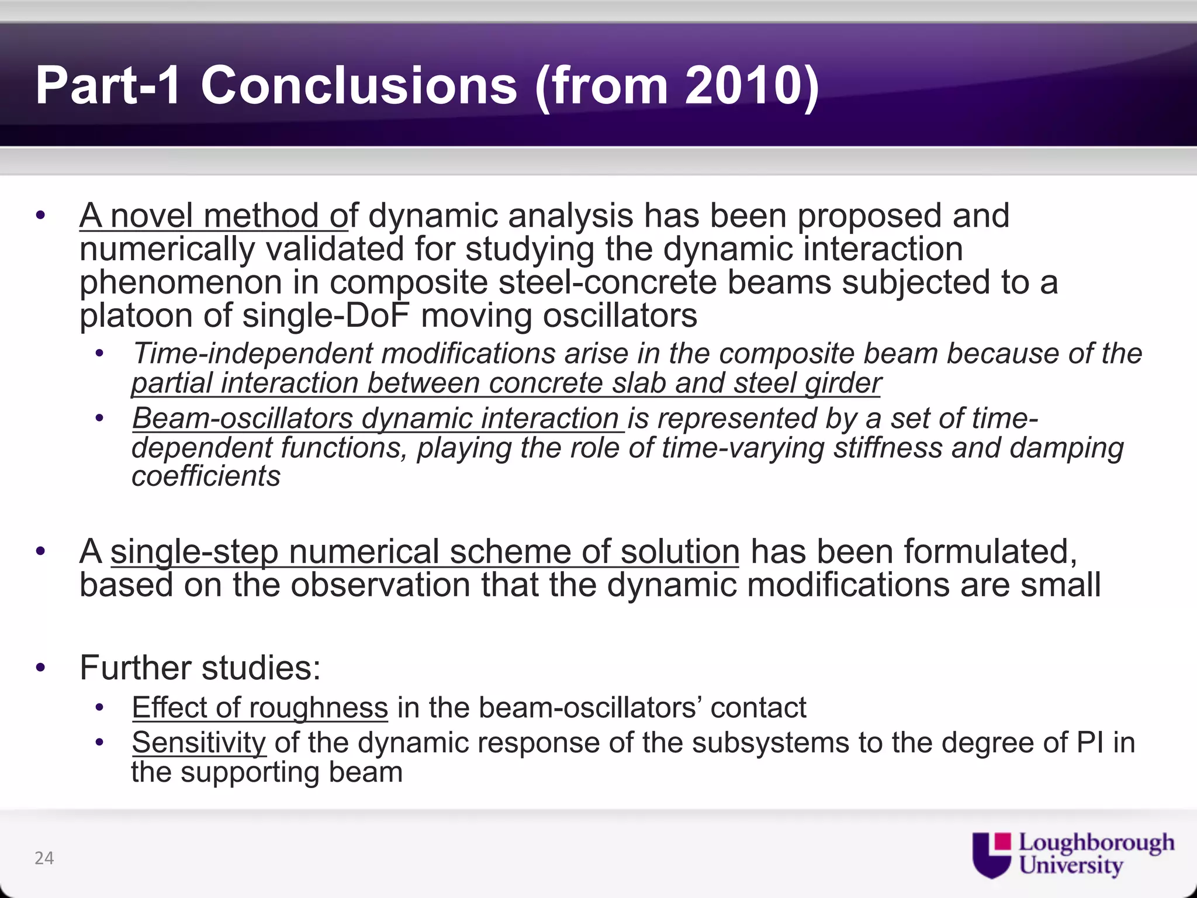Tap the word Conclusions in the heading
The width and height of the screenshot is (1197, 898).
[x=358, y=86]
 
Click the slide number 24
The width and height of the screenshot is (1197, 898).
[x=44, y=858]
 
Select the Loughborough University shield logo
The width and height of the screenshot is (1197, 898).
[x=991, y=855]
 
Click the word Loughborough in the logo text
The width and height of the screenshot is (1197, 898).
[x=1096, y=842]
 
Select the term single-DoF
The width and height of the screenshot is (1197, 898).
[x=326, y=316]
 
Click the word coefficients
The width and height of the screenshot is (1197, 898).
[x=206, y=476]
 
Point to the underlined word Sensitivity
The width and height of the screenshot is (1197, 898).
[x=199, y=743]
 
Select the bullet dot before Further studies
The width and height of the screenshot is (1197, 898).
[x=40, y=668]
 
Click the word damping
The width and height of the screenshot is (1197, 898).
[x=1067, y=448]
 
